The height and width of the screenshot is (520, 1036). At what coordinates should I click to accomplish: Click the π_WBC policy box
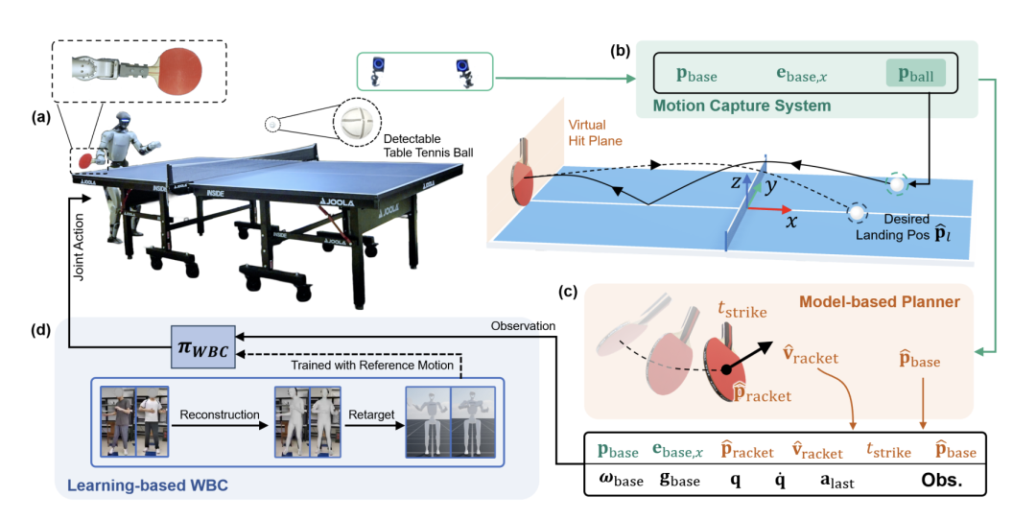coord(202,347)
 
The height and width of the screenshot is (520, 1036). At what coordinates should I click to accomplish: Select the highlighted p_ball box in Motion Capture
coord(916,73)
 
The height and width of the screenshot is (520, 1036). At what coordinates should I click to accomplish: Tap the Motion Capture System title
coord(742,106)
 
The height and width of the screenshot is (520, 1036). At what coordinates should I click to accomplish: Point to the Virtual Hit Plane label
coord(596,132)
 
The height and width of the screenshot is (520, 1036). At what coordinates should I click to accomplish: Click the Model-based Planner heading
coord(880,302)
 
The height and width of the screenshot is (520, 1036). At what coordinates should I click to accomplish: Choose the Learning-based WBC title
coord(148,485)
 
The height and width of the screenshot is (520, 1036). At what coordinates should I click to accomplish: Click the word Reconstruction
coord(220,414)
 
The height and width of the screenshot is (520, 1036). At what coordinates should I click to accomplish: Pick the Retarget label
coord(371,414)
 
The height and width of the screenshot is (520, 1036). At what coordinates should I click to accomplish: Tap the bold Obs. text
coord(941,480)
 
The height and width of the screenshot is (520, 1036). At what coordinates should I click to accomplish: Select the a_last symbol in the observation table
coord(836,481)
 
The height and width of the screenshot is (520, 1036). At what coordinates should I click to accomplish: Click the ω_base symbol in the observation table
coord(621,481)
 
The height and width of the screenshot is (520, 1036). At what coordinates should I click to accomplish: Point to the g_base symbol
coord(679,481)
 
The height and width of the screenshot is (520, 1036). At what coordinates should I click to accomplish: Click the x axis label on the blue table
coord(790,222)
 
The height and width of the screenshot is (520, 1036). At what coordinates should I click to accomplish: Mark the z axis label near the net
coord(737,182)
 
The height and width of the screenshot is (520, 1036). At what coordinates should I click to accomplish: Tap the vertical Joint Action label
coord(80,247)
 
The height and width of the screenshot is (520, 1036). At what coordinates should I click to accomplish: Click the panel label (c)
coord(568,292)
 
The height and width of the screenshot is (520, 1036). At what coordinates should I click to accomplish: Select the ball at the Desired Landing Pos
coord(857,212)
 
